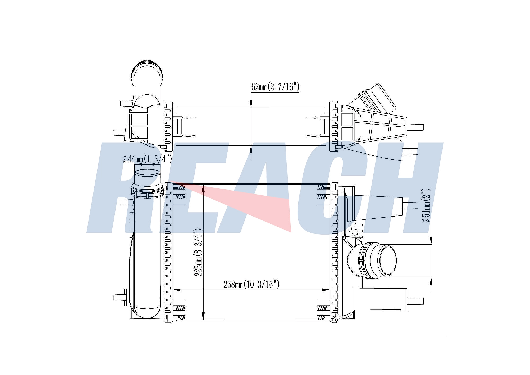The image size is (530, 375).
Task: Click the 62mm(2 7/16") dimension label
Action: click(x=275, y=87)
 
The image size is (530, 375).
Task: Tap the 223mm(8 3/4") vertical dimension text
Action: click(x=198, y=252)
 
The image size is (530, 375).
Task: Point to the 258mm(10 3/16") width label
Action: click(x=251, y=284)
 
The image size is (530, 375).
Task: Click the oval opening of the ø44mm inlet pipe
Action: click(x=147, y=173)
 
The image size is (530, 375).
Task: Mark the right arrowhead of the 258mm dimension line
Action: click(x=326, y=290)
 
